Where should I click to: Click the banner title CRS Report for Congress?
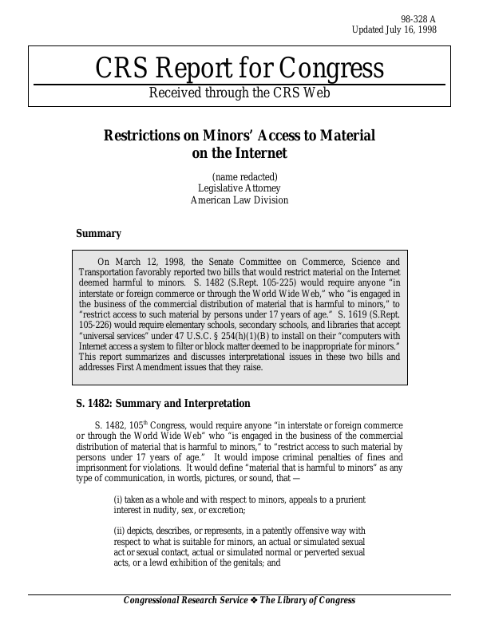(239, 69)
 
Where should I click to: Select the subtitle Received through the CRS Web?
(239, 93)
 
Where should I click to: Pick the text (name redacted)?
(244, 176)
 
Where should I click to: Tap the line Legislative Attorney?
(239, 188)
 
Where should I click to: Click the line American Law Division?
(239, 200)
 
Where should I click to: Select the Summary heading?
(98, 234)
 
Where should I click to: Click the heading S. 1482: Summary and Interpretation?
(163, 404)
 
